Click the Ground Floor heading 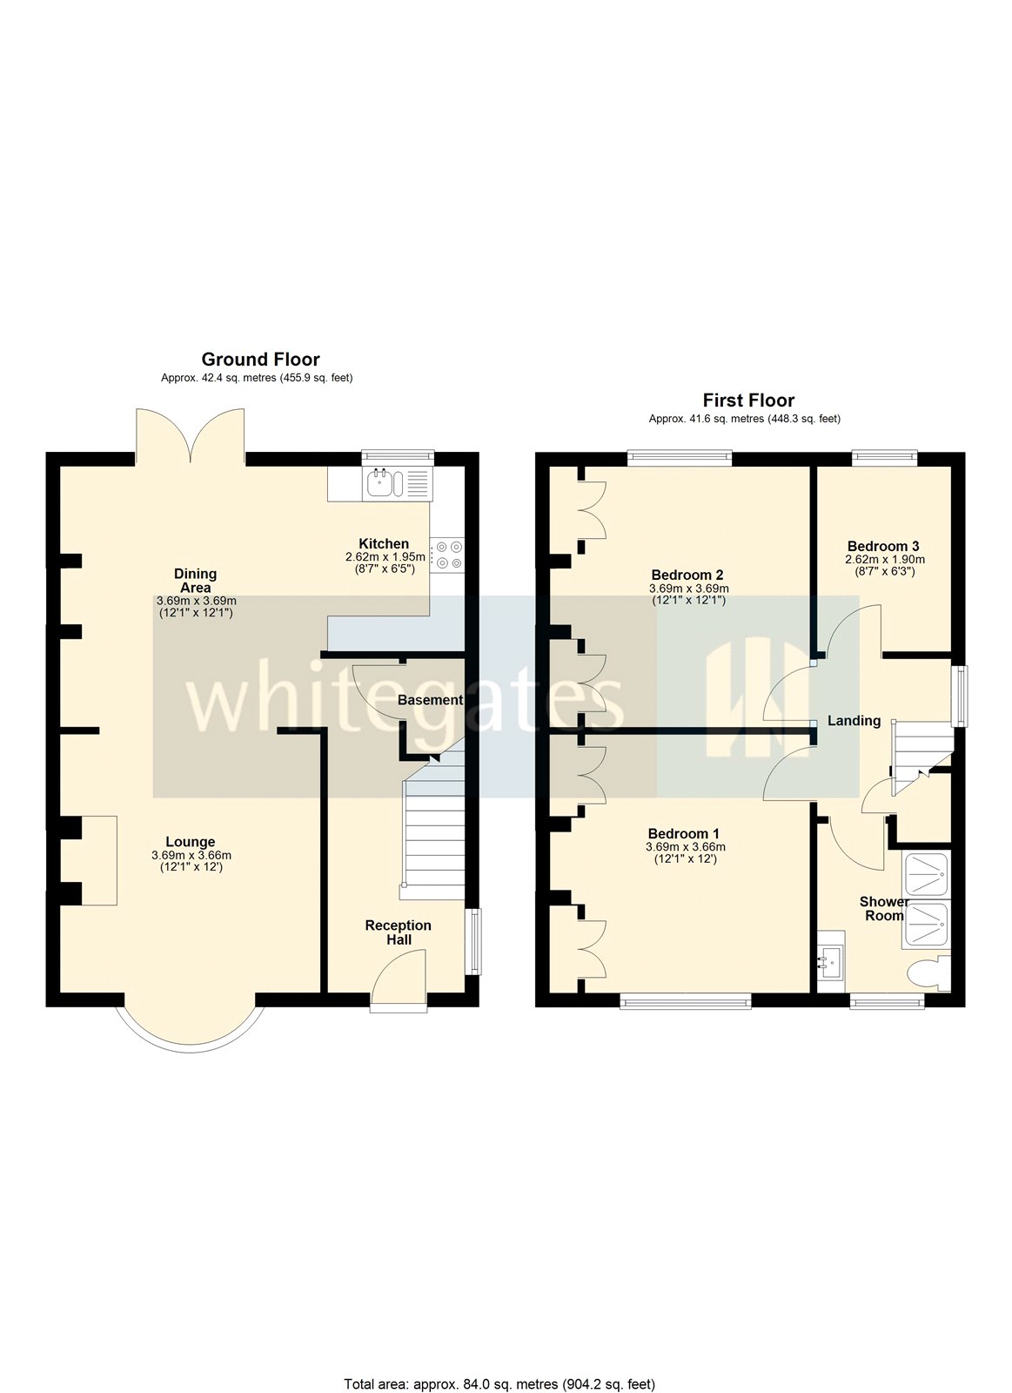tap(260, 360)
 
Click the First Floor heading tap(748, 400)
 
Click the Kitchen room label tap(384, 544)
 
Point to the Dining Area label tap(195, 580)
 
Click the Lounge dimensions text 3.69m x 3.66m tap(191, 856)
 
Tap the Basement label tap(430, 700)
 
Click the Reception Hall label tap(398, 932)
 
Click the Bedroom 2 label tap(687, 575)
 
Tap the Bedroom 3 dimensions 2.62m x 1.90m tap(885, 560)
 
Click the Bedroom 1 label tap(684, 834)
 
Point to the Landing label tap(854, 721)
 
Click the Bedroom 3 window tap(884, 454)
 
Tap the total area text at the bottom tap(499, 1383)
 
